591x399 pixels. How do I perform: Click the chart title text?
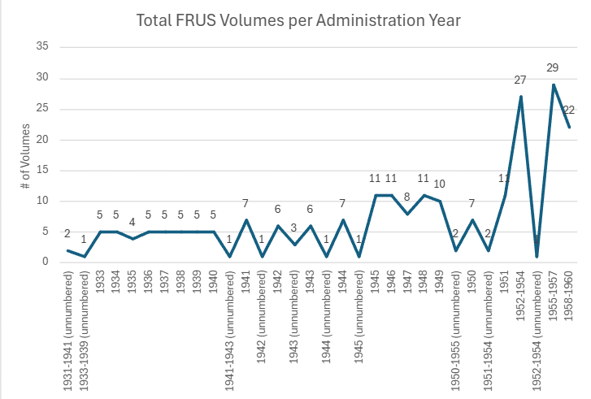[298, 20]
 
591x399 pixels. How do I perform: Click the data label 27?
[520, 80]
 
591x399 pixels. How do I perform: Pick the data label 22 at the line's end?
[568, 110]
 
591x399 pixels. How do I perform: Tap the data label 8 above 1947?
[406, 197]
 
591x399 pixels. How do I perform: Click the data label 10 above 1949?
[439, 183]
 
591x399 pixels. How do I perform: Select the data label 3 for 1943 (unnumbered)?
[293, 228]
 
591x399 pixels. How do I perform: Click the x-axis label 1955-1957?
[553, 294]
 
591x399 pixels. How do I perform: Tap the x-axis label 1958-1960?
[569, 294]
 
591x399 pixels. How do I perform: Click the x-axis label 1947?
[407, 281]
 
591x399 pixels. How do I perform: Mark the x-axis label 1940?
[213, 281]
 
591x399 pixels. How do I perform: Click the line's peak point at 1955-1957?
[553, 85]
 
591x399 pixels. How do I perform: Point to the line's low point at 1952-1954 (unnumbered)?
[537, 256]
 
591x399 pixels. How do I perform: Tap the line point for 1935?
[132, 238]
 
